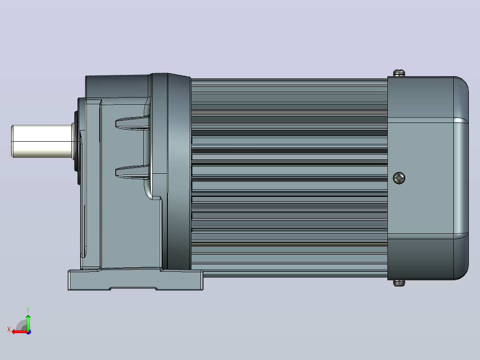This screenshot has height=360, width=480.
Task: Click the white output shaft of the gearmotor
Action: [42, 141]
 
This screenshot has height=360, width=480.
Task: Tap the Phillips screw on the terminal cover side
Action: [399, 178]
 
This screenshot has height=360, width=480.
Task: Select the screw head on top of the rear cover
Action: [399, 73]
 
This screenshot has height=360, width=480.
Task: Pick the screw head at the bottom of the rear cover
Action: [399, 283]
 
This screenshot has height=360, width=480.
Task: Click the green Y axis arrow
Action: [28, 322]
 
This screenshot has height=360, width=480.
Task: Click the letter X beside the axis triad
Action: [9, 329]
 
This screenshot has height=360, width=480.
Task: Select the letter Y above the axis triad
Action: [28, 310]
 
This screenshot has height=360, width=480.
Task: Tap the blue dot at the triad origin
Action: [28, 332]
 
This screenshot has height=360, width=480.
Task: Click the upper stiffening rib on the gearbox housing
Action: [132, 123]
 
